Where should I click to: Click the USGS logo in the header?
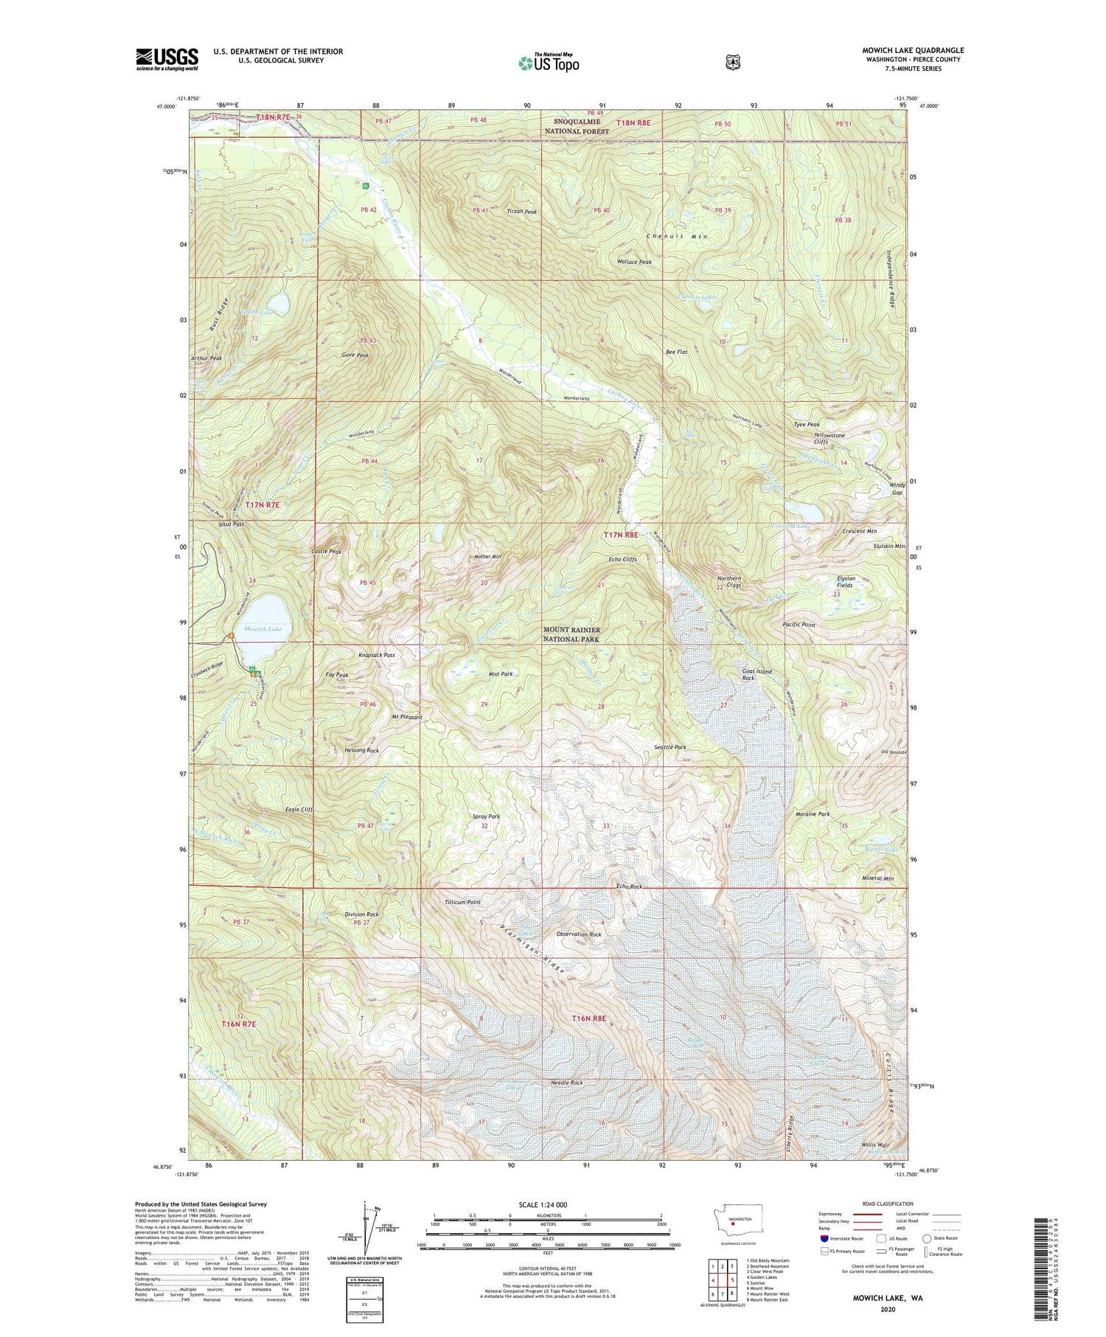pos(167,59)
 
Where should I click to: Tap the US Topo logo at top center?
pos(549,63)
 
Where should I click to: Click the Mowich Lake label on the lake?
pos(263,629)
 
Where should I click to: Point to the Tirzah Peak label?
pos(521,212)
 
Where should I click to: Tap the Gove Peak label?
pos(355,355)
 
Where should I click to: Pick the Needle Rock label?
pos(567,1083)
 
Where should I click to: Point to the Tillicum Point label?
pos(463,902)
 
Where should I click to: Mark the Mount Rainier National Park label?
pos(571,635)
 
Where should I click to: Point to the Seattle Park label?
pos(669,747)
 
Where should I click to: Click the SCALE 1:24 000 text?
pos(546,1204)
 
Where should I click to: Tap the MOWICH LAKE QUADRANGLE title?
pos(913,51)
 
